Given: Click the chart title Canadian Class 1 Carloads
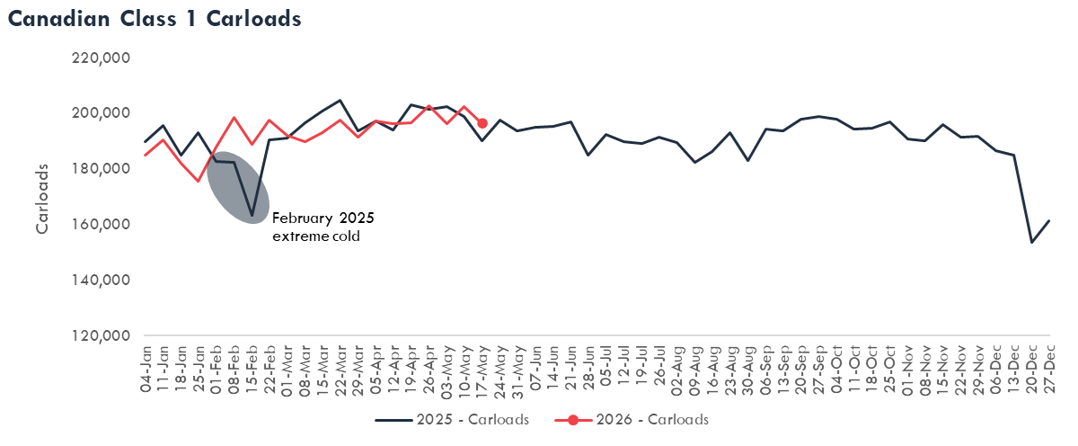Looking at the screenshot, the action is tap(155, 19).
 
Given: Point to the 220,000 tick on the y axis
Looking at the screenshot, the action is tap(101, 58).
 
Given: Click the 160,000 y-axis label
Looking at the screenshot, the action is tap(101, 225).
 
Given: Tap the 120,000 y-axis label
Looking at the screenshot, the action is tap(101, 335).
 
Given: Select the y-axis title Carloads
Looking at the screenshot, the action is tap(42, 199).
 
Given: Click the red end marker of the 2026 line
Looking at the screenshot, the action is tap(482, 124).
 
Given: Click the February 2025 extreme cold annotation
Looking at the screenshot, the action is tap(323, 227).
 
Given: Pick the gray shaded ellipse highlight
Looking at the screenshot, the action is tap(238, 188).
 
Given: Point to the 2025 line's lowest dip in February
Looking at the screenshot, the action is tap(252, 215).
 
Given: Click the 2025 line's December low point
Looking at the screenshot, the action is tap(1032, 242).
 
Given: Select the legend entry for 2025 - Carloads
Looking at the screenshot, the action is tap(452, 420).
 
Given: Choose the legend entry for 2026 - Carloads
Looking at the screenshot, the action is tap(632, 420).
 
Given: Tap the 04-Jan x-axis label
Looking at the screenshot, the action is tap(146, 369).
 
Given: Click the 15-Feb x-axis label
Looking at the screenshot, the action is tap(252, 370).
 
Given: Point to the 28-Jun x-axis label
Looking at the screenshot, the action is tap(588, 370).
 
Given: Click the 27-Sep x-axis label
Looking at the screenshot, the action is tap(819, 370).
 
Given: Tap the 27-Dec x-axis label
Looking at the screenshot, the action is tap(1049, 370).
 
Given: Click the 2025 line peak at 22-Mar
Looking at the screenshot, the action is tap(340, 100).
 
